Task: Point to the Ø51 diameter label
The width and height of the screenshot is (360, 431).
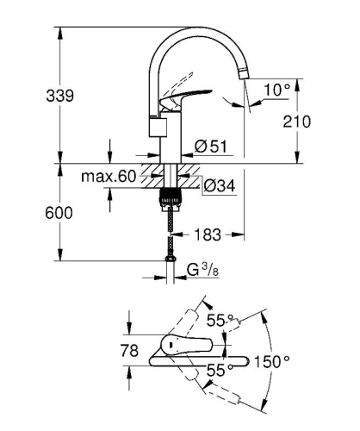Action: coord(212,147)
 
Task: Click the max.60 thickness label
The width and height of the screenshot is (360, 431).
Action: coord(109,178)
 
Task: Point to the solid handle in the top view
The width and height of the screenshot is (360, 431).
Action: coord(185,348)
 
